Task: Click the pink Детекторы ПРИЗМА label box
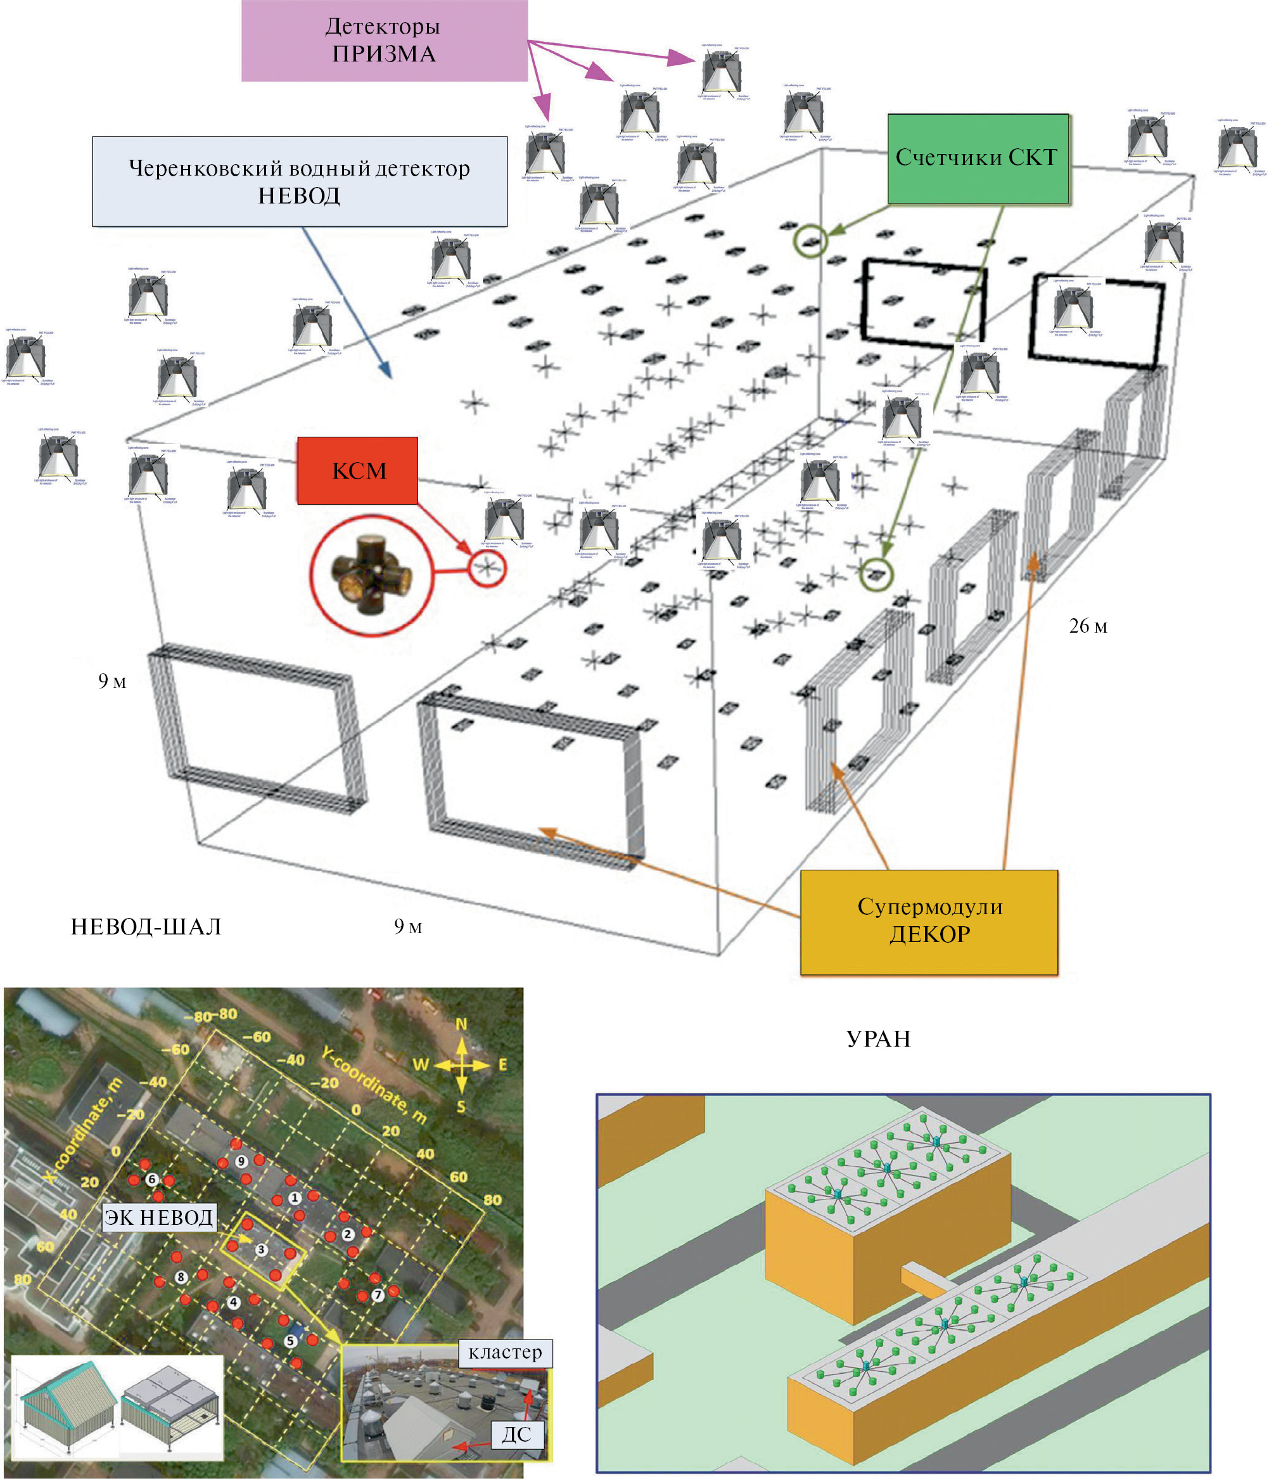[384, 40]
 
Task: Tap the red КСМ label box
[357, 470]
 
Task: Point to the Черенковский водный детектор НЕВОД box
[300, 181]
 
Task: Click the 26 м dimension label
[1087, 626]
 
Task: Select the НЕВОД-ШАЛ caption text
[146, 927]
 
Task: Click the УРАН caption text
[878, 1038]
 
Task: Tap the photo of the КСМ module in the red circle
[370, 574]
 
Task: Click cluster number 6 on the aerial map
[151, 1179]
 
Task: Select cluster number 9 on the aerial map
[242, 1161]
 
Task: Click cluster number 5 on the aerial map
[290, 1341]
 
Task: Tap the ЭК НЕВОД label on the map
[158, 1217]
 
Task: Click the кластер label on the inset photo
[505, 1353]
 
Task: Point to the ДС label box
[516, 1434]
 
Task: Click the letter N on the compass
[461, 1024]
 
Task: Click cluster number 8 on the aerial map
[181, 1276]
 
